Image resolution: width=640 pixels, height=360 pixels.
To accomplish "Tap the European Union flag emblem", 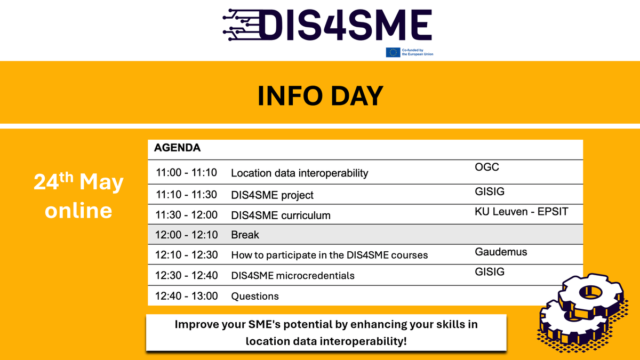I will pyautogui.click(x=393, y=52).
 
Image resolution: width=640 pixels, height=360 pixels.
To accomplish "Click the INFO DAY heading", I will pyautogui.click(x=320, y=95).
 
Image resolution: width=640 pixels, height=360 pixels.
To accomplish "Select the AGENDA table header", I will pyautogui.click(x=178, y=148).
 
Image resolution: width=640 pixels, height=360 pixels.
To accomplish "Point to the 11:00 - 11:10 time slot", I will pyautogui.click(x=187, y=173).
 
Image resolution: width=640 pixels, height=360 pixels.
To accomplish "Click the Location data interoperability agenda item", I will pyautogui.click(x=299, y=173).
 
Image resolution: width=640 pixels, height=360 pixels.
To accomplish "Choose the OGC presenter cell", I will pyautogui.click(x=486, y=167).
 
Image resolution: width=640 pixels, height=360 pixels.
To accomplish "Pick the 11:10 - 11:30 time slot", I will pyautogui.click(x=187, y=195).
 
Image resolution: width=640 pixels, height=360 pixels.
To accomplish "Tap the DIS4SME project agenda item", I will pyautogui.click(x=272, y=195).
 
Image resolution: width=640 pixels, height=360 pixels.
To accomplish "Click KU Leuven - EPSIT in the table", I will pyautogui.click(x=521, y=212).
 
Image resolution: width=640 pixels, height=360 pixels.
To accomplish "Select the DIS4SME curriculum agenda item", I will pyautogui.click(x=281, y=215).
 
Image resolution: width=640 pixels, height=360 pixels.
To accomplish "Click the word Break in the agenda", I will pyautogui.click(x=245, y=235).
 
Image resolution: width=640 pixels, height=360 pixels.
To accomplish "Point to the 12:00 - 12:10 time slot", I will pyautogui.click(x=187, y=235).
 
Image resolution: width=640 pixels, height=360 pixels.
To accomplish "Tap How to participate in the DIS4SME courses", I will pyautogui.click(x=329, y=255).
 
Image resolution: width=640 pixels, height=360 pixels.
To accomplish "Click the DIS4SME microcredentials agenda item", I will pyautogui.click(x=292, y=276).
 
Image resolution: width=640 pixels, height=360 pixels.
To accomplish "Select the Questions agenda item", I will pyautogui.click(x=254, y=296).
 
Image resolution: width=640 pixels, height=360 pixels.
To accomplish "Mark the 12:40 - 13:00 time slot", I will pyautogui.click(x=187, y=296).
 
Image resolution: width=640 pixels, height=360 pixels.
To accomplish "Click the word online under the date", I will pyautogui.click(x=78, y=210).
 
